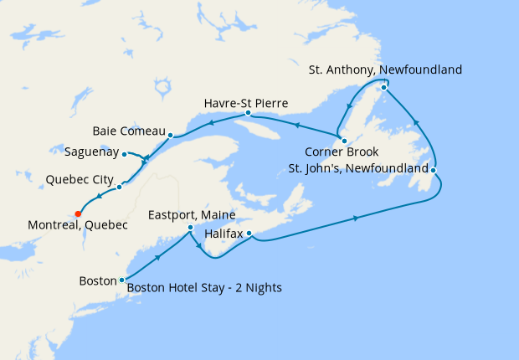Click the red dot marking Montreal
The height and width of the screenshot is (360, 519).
click(79, 213)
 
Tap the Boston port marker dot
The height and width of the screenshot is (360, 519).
click(122, 280)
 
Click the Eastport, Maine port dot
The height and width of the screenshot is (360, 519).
click(191, 227)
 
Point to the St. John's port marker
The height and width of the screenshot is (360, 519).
click(434, 171)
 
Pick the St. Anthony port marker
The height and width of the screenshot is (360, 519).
click(383, 87)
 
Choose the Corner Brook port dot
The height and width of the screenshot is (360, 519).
click(344, 140)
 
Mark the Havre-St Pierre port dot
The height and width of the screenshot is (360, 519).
click(248, 112)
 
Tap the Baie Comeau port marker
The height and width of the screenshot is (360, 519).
click(170, 135)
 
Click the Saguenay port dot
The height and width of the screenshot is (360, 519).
click(124, 153)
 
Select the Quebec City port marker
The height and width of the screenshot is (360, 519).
click(119, 187)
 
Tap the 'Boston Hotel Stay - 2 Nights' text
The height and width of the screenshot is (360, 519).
click(204, 288)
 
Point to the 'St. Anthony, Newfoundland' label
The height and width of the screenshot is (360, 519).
click(385, 69)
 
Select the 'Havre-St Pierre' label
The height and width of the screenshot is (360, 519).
click(246, 103)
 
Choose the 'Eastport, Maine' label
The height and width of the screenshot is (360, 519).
click(192, 215)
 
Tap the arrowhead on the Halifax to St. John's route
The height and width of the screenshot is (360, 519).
click(357, 219)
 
